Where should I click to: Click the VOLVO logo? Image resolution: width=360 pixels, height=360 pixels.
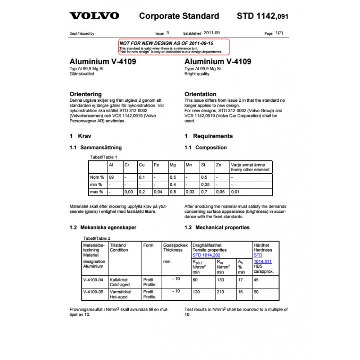tap(94, 16)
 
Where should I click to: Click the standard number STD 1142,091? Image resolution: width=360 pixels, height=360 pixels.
tap(262, 16)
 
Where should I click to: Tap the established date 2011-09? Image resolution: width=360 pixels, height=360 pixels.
tap(212, 33)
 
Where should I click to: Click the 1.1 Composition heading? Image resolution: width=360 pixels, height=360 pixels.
tap(206, 148)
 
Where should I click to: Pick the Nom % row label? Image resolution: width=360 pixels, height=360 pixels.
tap(97, 177)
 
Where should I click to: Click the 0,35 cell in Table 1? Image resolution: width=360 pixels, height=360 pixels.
tap(206, 184)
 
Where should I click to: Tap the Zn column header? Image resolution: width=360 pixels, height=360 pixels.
tap(219, 165)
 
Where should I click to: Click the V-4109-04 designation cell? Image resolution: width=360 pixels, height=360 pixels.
tap(93, 279)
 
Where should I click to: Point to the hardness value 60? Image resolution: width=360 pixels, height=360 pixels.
tap(256, 292)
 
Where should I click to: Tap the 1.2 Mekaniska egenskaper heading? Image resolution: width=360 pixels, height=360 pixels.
tap(103, 228)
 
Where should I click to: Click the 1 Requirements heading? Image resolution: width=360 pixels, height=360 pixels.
tap(208, 136)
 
